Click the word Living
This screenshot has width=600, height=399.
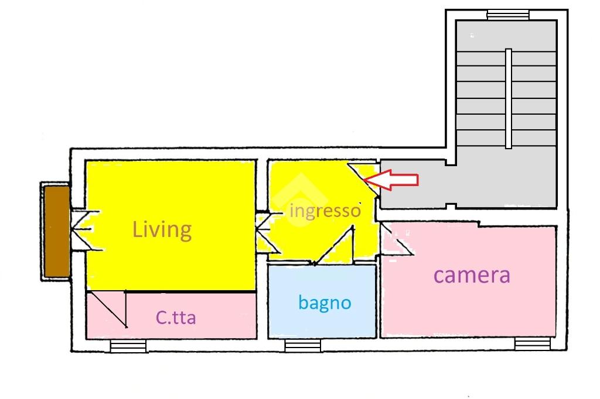tap(162, 230)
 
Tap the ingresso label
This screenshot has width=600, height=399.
tap(325, 211)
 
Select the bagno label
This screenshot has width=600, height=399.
tap(325, 303)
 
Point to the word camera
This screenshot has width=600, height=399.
tap(472, 275)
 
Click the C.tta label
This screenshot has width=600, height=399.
tap(176, 317)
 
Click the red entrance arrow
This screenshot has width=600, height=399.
tap(391, 180)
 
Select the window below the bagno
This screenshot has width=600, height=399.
tap(303, 346)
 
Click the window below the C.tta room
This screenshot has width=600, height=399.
tap(128, 346)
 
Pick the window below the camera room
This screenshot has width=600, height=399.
tap(532, 344)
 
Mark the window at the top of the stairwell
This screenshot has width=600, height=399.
tap(508, 15)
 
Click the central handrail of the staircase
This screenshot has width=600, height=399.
tap(508, 99)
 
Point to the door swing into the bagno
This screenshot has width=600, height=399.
tap(333, 245)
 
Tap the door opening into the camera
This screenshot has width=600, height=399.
tap(396, 239)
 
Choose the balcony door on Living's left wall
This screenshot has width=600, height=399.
tap(86, 231)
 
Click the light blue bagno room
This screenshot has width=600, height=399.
tap(322, 301)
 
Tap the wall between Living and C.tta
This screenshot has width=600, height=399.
tap(171, 291)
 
